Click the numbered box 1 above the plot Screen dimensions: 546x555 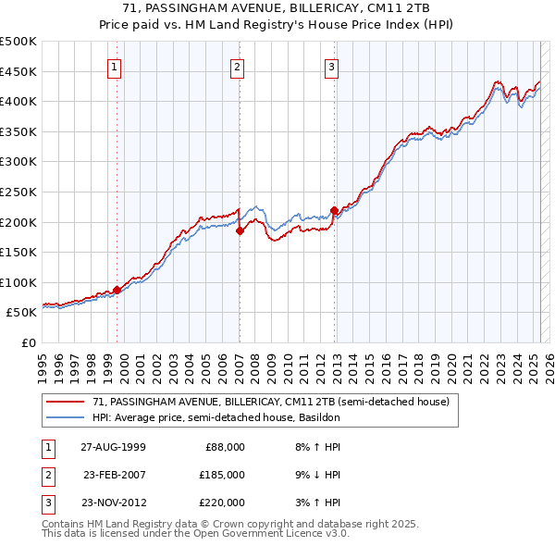tap(114, 66)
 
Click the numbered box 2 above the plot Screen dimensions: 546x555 tap(237, 66)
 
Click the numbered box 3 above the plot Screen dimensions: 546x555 tap(332, 66)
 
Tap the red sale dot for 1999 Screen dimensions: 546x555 tap(117, 290)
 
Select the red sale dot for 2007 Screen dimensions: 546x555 tap(240, 231)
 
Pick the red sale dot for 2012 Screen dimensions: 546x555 tap(334, 210)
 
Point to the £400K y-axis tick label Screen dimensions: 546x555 tap(18, 101)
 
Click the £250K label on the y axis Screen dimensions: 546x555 tap(18, 192)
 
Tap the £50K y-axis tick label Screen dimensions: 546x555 tap(22, 313)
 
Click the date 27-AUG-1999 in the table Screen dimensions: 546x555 tap(113, 447)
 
